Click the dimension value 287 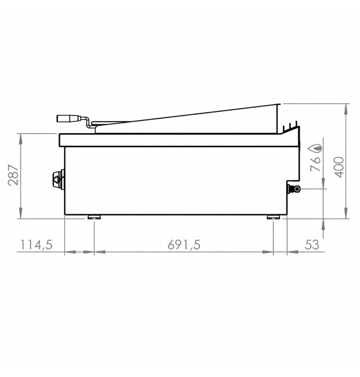point(13,175)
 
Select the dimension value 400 point(339,167)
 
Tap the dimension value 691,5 point(184,245)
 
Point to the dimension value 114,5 point(36,245)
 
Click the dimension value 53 point(312,245)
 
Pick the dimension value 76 point(315,164)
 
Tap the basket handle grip point(68,118)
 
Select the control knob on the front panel point(58,179)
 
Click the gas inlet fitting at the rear point(294,189)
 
